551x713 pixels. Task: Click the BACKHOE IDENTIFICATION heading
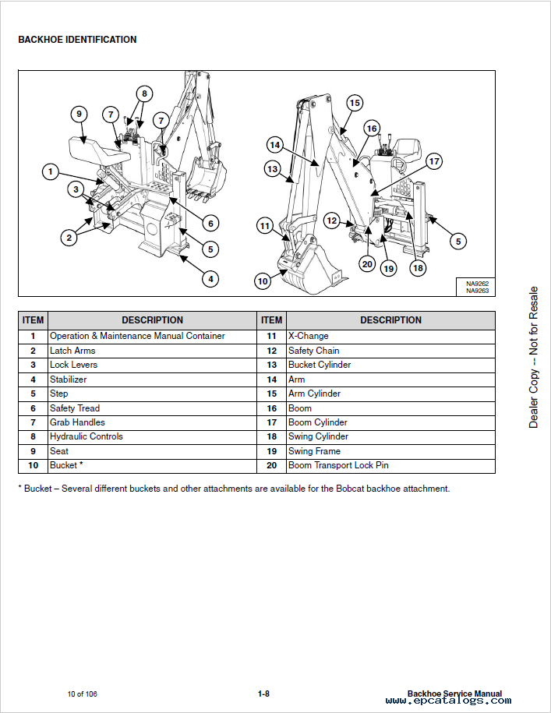[77, 40]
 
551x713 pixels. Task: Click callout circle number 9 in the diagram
[78, 115]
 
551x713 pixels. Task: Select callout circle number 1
[51, 171]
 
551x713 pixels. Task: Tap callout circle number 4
[210, 278]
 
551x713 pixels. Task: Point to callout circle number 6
[210, 224]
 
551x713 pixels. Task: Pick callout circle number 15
[355, 103]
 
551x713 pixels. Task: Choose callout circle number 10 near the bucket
[263, 281]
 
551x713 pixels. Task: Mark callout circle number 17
[433, 161]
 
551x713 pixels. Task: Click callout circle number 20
[367, 263]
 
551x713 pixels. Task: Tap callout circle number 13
[272, 168]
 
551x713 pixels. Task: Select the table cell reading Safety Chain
[313, 351]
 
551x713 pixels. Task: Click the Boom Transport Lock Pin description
[338, 465]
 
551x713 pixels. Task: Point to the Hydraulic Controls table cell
[86, 436]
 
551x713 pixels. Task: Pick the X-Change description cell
[308, 336]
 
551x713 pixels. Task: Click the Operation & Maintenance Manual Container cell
[137, 336]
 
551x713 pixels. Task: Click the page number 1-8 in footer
[263, 694]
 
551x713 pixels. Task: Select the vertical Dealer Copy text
[534, 358]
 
